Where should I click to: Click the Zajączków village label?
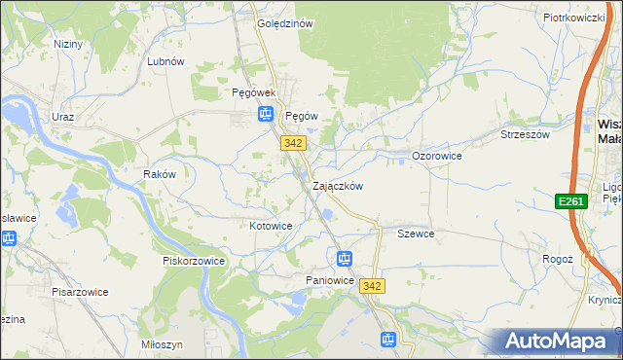pyautogui.click(x=338, y=186)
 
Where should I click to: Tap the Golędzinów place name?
pyautogui.click(x=284, y=24)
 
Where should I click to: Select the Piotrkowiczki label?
pyautogui.click(x=574, y=18)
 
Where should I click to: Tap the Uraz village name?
pyautogui.click(x=64, y=116)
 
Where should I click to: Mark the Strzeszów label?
pyautogui.click(x=526, y=134)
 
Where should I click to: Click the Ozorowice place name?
pyautogui.click(x=436, y=156)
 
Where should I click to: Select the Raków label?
pyautogui.click(x=159, y=174)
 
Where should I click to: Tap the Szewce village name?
pyautogui.click(x=416, y=234)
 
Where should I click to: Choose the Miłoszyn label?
pyautogui.click(x=162, y=344)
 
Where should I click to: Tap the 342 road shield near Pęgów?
pyautogui.click(x=294, y=143)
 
